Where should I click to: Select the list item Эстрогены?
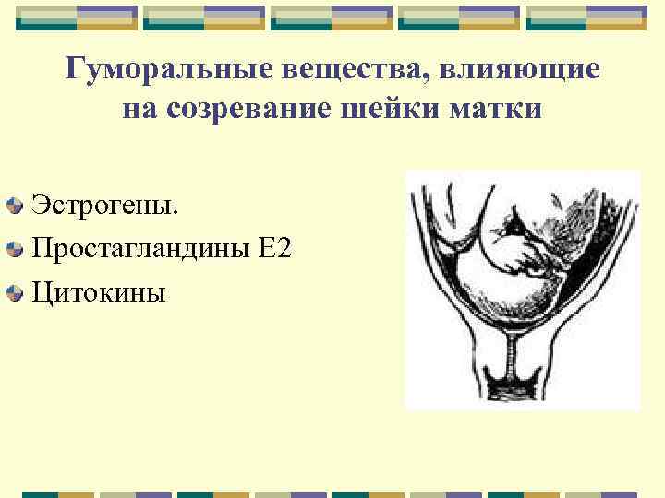coord(103,203)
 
